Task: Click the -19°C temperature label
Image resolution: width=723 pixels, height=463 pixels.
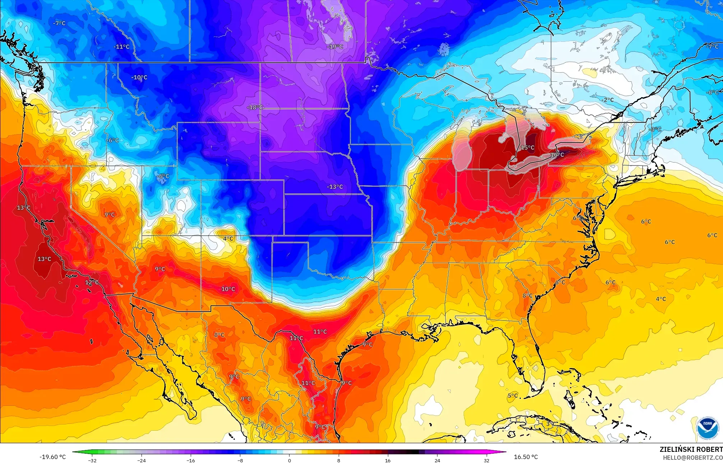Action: [x=335, y=47]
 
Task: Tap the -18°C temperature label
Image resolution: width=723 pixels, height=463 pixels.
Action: [x=255, y=107]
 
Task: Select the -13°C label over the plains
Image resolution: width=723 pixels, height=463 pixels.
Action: [x=335, y=187]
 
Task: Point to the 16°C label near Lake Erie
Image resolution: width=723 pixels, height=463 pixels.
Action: [x=557, y=155]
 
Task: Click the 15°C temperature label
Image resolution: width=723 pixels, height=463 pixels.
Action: [x=528, y=147]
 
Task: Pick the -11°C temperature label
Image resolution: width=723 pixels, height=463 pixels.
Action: [x=121, y=47]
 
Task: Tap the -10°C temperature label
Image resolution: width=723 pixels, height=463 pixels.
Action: [x=139, y=77]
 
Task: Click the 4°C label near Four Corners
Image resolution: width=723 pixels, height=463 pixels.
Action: [x=228, y=239]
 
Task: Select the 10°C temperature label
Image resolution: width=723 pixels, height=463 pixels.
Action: [x=228, y=289]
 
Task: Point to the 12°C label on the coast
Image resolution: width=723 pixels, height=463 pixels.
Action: [x=92, y=282]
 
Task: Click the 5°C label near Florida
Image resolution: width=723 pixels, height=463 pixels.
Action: [x=513, y=396]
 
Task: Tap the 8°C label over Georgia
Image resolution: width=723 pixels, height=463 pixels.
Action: [x=527, y=296]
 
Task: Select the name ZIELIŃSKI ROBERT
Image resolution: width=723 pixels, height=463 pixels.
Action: [x=691, y=449]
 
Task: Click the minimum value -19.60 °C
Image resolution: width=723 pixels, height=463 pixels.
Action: [x=52, y=457]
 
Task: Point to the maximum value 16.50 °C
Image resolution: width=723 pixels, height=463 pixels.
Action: [x=526, y=457]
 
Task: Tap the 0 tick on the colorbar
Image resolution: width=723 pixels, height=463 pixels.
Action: [x=289, y=460]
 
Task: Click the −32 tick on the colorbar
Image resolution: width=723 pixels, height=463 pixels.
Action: [x=92, y=460]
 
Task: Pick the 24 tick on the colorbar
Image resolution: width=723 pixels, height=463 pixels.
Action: [x=437, y=460]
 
